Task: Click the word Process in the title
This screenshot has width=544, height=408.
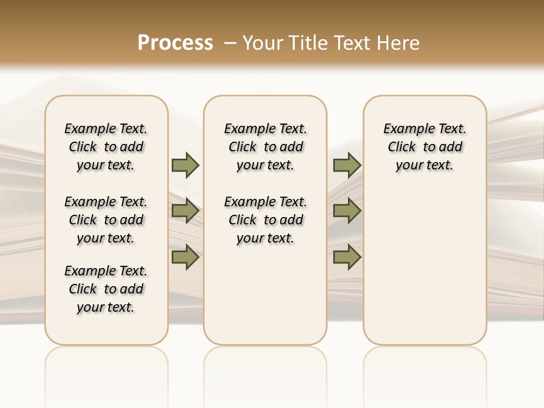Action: [x=175, y=42]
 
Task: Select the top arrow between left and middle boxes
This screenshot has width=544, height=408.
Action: [x=185, y=165]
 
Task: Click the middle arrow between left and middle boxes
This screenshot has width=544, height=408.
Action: [x=185, y=211]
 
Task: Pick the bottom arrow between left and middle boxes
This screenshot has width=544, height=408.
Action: [x=185, y=257]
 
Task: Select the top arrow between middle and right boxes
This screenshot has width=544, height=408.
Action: [x=347, y=165]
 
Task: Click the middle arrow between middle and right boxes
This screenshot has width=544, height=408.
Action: [x=347, y=211]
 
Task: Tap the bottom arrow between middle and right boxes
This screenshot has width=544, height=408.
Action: [x=347, y=257]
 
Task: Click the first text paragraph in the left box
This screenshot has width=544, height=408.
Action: [x=106, y=147]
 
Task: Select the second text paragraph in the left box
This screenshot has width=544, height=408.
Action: [x=106, y=220]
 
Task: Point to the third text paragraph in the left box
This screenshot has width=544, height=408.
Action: [x=106, y=289]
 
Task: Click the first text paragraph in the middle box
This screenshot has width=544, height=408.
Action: [x=266, y=147]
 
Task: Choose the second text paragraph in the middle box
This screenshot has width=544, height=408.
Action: [x=266, y=220]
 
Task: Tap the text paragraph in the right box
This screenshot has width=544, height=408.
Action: [x=425, y=147]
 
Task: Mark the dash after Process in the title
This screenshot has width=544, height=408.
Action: [x=229, y=42]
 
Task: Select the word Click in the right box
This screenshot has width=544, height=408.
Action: [x=402, y=147]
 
